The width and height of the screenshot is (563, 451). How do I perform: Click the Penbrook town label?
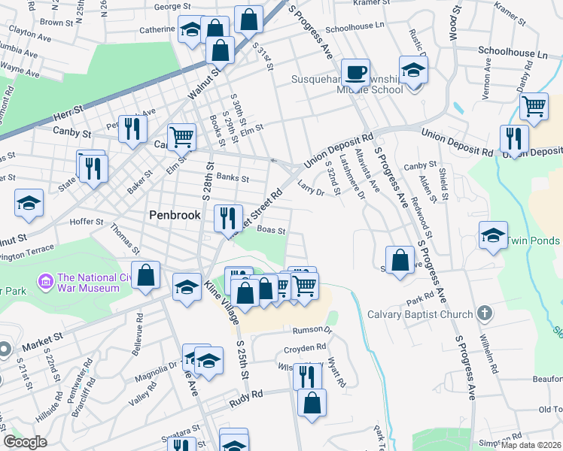[174, 215]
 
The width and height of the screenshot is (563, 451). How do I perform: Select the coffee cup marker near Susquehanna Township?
[355, 74]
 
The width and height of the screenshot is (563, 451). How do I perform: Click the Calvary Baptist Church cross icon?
[485, 314]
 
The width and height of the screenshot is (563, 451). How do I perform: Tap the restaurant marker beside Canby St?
[132, 128]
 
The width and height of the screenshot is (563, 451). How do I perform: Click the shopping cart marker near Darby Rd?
[534, 106]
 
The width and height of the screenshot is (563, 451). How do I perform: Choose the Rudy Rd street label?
[247, 394]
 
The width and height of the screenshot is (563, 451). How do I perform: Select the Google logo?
[26, 442]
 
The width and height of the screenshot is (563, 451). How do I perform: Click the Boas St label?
[271, 231]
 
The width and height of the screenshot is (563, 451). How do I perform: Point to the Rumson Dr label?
[317, 329]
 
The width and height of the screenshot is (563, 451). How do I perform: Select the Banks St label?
[232, 178]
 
